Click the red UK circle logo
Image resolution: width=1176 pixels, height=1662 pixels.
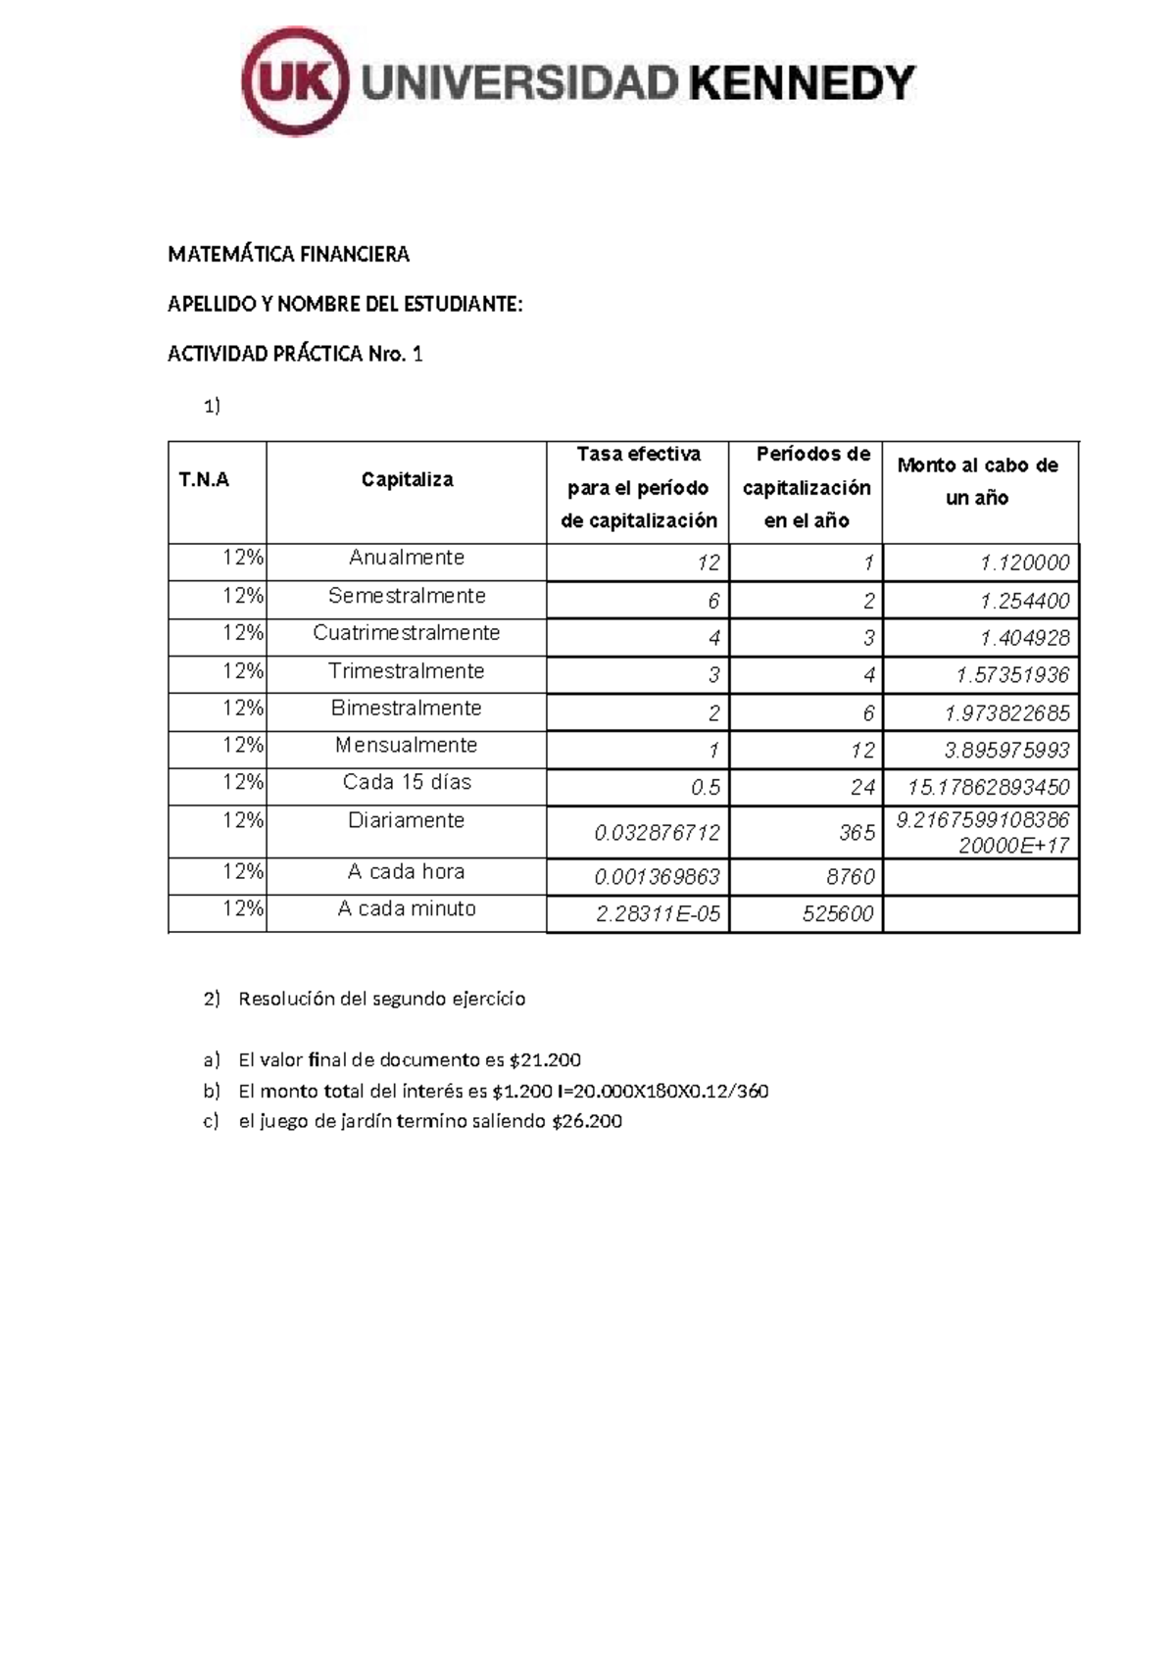pos(295,82)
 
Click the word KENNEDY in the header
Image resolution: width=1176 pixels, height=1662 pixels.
pos(802,83)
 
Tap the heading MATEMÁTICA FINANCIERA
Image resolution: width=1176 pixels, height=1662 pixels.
pos(288,255)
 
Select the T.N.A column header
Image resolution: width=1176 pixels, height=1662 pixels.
pos(204,480)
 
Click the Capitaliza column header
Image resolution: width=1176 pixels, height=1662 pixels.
pos(407,480)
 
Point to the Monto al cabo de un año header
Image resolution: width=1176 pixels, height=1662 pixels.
pos(978,481)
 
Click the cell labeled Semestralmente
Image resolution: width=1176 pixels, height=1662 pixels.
pos(407,596)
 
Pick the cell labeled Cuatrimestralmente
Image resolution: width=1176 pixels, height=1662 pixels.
pos(407,633)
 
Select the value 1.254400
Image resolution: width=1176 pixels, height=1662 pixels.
pos(1025,601)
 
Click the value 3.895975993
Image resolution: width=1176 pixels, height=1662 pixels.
pos(1006,751)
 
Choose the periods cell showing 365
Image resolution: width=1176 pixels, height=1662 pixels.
pos(857,833)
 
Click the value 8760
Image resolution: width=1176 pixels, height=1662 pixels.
pos(850,877)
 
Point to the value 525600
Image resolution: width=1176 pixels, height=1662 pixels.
pos(837,914)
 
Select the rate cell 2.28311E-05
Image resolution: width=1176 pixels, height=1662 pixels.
pos(658,914)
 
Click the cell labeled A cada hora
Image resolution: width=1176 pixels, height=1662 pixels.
pos(407,872)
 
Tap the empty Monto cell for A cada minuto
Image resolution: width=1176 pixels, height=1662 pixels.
pos(980,914)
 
